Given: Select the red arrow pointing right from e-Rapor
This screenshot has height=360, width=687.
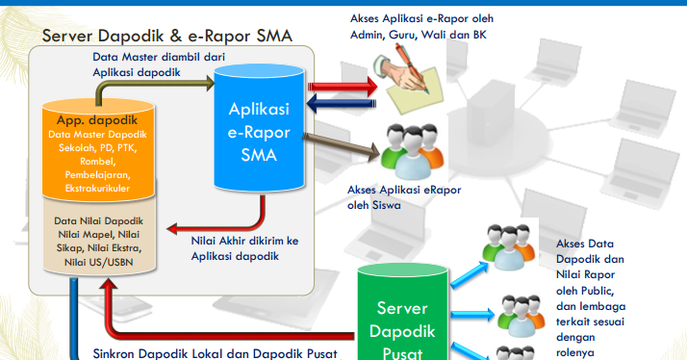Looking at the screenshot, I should (x=342, y=86).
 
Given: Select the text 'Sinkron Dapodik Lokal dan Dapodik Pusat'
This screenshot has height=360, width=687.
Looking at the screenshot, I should (x=214, y=351).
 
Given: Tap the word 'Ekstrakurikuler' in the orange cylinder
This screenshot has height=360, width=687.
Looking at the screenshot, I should (x=97, y=189).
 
